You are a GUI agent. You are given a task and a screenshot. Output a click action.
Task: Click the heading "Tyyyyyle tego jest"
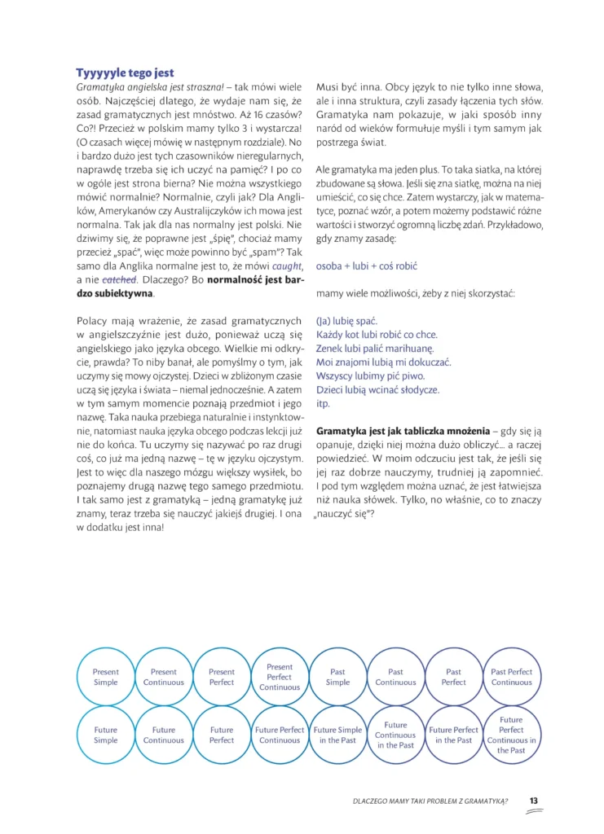pos(125,72)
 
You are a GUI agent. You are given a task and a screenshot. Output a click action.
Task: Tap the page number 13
pos(534,801)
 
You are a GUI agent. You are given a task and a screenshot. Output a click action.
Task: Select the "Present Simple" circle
pos(106,677)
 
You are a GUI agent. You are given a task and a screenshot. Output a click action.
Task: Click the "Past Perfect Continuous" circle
pos(511,677)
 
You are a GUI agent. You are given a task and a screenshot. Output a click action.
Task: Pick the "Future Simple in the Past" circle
pos(337,735)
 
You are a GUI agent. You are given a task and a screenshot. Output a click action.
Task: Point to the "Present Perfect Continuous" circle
pos(280,677)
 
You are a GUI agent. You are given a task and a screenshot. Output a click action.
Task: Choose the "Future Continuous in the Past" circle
pos(395,735)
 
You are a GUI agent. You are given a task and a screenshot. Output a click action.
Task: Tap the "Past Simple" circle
pos(337,677)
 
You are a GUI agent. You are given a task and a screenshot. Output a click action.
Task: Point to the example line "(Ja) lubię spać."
pos(346,321)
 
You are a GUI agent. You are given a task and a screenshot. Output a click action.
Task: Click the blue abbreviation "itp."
pos(323,404)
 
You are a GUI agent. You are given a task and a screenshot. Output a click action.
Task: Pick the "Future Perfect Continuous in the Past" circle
pos(511,735)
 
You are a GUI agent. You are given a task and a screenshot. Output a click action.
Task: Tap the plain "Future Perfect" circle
pos(222,735)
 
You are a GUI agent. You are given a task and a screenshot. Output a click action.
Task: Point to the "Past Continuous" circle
pos(395,677)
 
